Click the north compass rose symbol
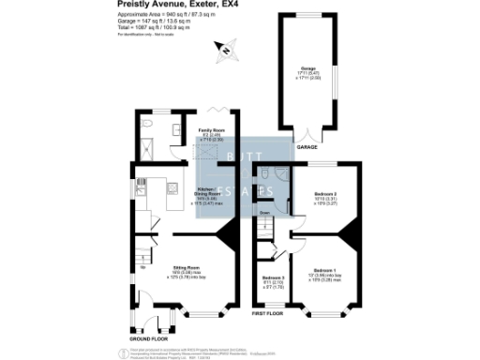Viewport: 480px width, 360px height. (x=222, y=49)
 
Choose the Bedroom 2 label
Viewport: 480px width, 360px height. (x=325, y=197)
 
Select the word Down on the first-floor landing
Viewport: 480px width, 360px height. (x=265, y=213)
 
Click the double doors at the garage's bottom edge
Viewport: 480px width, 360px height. (x=306, y=132)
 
